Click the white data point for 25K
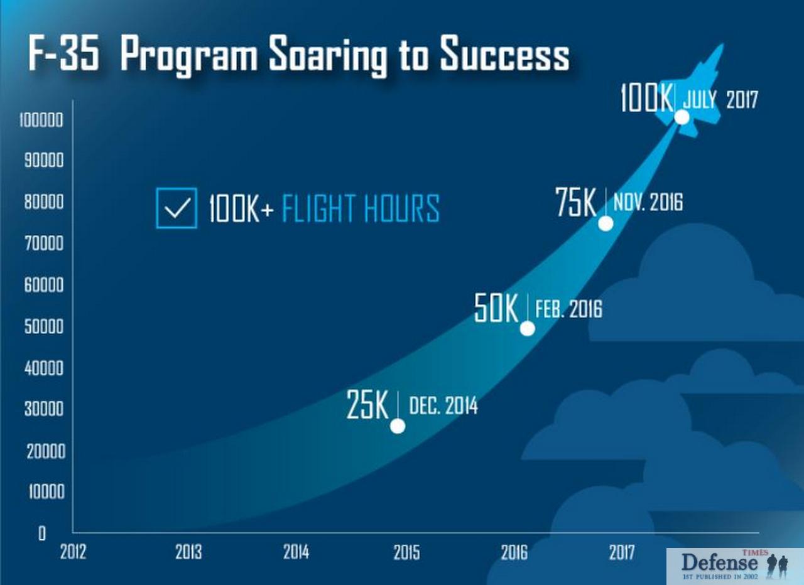coord(398,426)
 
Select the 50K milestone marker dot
coord(527,328)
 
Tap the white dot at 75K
coord(606,224)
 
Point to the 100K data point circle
coord(682,117)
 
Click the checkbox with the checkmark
coord(177,208)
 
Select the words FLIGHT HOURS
coord(361,208)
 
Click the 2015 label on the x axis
coord(406,553)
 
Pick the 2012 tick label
coord(73,552)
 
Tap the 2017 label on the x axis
coord(622,553)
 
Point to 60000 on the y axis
coord(44,285)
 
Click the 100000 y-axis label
coord(41,120)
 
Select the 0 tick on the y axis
coord(42,534)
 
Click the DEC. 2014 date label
coord(443,405)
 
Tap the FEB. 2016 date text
coord(569,308)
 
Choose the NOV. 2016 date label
coord(648,202)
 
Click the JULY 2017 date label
coord(720,99)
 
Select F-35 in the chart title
coord(63,53)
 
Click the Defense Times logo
coord(735,566)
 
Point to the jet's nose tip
coord(723,44)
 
